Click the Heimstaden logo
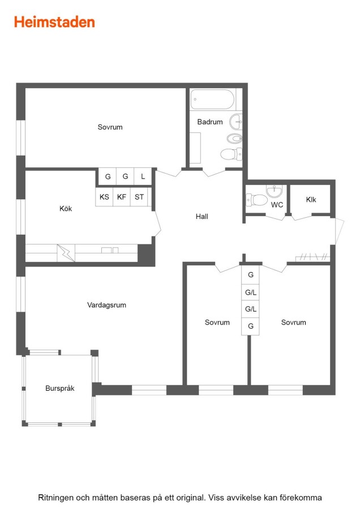54,22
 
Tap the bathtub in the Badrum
212,100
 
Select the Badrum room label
210,122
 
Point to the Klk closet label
311,200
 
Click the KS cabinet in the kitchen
104,197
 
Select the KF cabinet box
122,197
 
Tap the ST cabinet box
139,197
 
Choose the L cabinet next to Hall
143,176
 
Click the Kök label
66,209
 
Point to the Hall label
202,217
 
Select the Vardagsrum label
106,305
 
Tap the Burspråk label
60,388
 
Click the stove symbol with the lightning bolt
66,253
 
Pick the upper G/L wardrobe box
251,292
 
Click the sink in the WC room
275,191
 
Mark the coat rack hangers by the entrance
312,257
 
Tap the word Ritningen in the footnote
55,498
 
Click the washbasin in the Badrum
236,122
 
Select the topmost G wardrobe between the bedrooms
251,275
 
